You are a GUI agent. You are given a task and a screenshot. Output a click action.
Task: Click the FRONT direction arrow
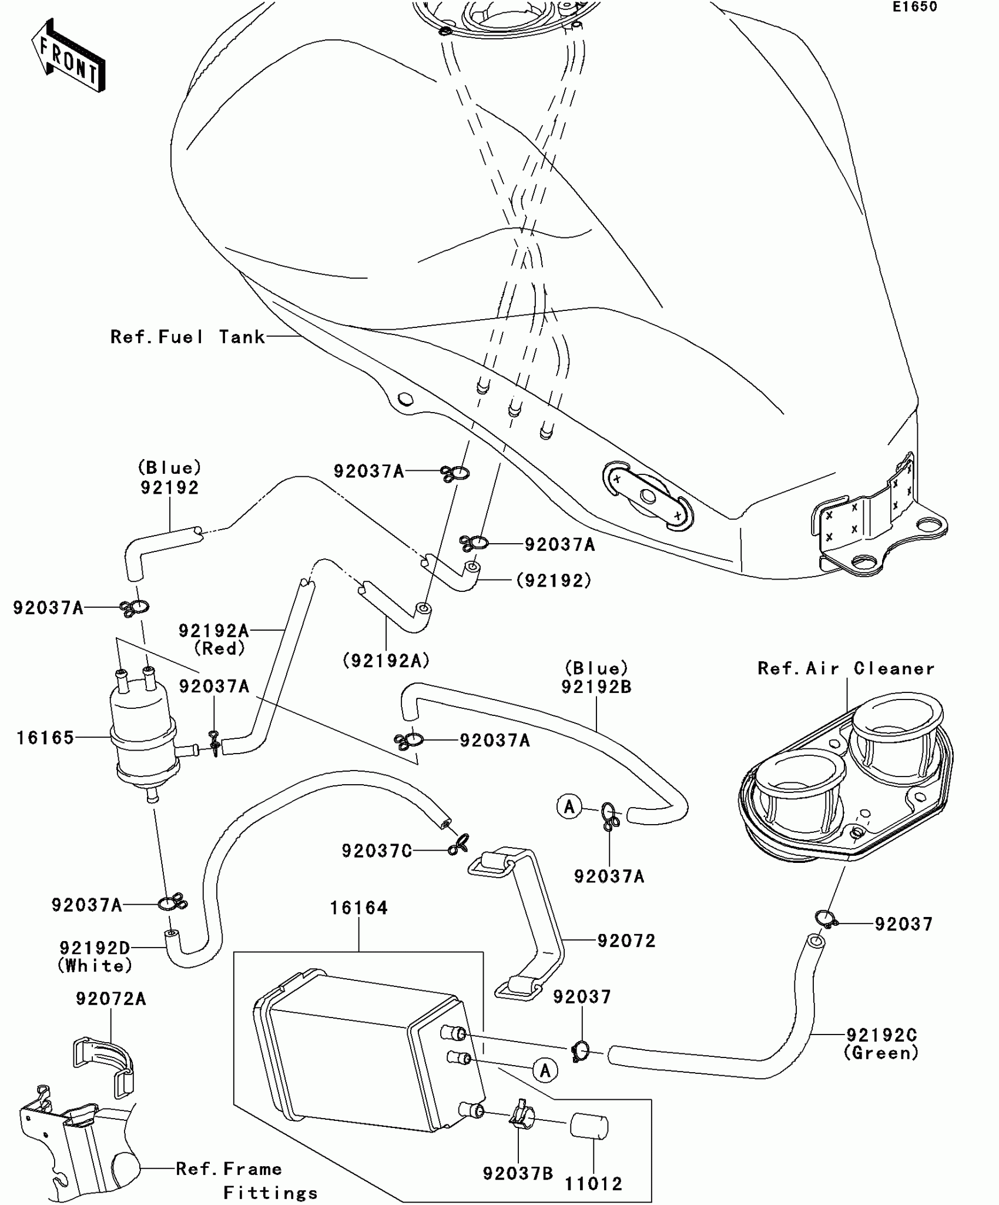68,56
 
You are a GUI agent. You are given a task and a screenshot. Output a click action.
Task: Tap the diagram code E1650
915,7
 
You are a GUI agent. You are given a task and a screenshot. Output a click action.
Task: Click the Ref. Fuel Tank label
187,337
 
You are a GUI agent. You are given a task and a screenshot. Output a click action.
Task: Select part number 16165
45,738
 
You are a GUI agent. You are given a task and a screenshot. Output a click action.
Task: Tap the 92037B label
518,1173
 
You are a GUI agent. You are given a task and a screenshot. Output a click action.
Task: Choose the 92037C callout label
377,851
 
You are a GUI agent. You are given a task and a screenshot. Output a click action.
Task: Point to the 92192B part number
596,687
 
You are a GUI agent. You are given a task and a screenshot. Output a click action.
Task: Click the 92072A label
110,999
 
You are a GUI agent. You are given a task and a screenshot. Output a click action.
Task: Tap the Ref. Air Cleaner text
846,668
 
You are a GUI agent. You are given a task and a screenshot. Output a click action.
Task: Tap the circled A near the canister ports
545,1070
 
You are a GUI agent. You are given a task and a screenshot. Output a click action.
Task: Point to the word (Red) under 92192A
219,649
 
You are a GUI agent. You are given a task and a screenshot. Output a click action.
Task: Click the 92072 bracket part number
626,940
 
